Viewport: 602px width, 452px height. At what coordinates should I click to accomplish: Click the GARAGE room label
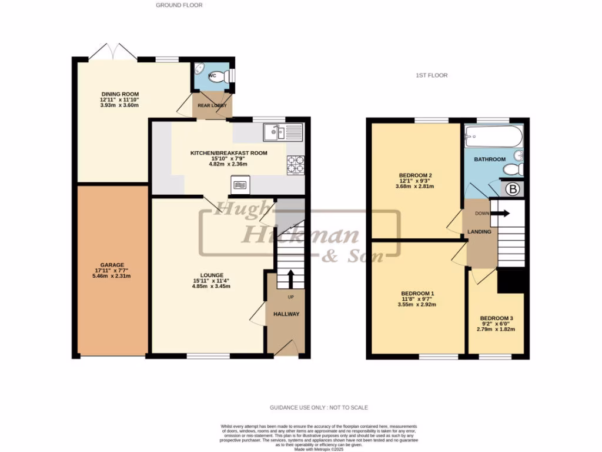pos(111,265)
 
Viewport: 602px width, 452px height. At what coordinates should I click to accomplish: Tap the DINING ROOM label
pos(119,94)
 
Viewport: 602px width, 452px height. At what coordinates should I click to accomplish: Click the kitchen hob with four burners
pos(295,165)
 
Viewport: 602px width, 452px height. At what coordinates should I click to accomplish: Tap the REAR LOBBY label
pos(212,106)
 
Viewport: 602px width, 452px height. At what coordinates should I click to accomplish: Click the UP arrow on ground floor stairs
pos(290,278)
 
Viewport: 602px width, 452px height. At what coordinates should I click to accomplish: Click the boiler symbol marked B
pos(511,190)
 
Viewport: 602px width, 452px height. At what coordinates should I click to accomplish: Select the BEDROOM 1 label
pos(417,293)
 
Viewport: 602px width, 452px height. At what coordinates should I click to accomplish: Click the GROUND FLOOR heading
pos(179,5)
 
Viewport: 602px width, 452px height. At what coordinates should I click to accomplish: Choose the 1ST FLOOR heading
pos(432,76)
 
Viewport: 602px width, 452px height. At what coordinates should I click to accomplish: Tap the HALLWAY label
pos(286,314)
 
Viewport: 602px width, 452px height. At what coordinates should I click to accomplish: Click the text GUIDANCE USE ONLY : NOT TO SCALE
pos(319,407)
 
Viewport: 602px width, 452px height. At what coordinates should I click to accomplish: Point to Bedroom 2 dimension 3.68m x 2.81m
pos(414,187)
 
